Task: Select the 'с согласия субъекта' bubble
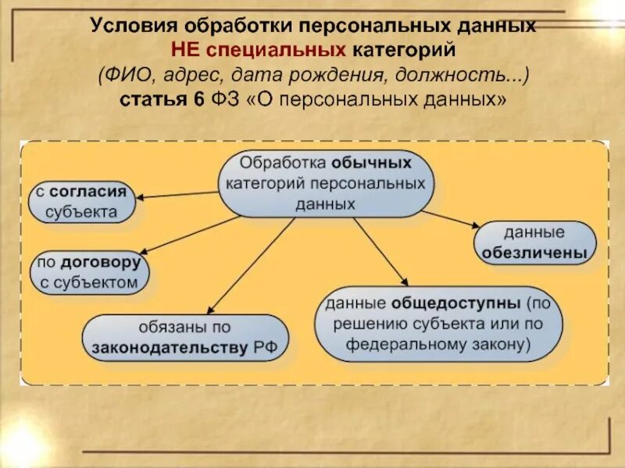pos(81,201)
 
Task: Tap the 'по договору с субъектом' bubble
pos(89,273)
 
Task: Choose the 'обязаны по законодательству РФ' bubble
pos(184,337)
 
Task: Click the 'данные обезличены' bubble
pos(534,242)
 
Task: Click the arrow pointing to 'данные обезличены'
pos(453,219)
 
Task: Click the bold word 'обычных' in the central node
pos(371,164)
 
